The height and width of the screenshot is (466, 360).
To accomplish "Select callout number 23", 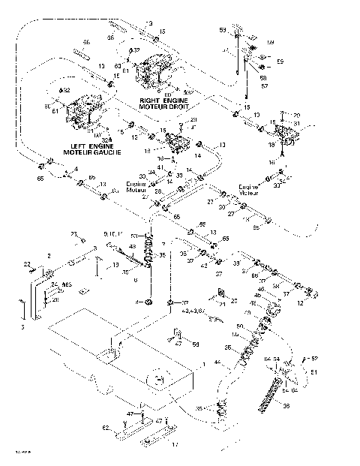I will pyautogui.click(x=73, y=234).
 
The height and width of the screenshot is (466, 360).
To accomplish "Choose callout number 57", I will pyautogui.click(x=264, y=86).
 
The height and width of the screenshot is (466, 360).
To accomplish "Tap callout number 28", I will pyautogui.click(x=159, y=192).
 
